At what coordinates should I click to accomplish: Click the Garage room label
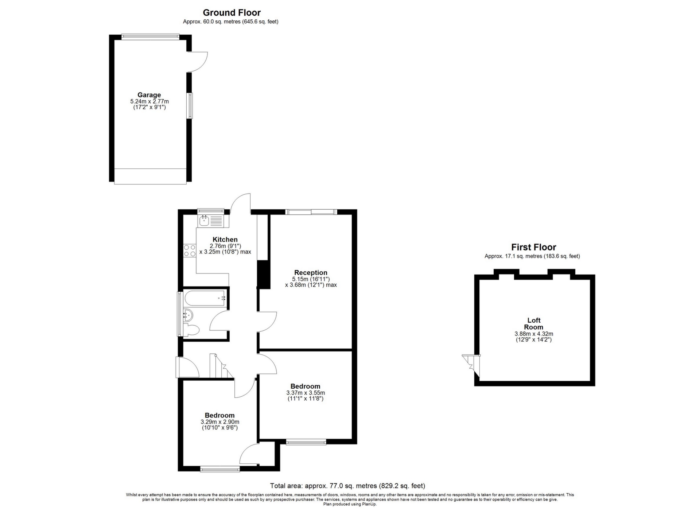tap(149, 95)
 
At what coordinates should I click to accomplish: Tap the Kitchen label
tap(225, 240)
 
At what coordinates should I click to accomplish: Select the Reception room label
tap(311, 272)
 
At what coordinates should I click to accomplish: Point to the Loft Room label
tap(534, 324)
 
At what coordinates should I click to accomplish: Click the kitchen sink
tap(204, 221)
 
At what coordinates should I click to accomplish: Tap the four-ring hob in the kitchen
tap(190, 250)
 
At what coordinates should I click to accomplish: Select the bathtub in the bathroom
tap(206, 298)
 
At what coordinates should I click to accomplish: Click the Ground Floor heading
tap(232, 13)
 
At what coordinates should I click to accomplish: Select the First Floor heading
tap(533, 247)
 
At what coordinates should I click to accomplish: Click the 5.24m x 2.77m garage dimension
tap(149, 101)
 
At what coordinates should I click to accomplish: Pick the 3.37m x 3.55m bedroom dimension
tap(306, 393)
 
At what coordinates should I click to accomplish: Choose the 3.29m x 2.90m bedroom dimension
tap(220, 422)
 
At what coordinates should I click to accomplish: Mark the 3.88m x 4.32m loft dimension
tap(534, 334)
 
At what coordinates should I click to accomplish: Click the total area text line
tap(347, 486)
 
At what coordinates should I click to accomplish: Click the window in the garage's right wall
tap(190, 106)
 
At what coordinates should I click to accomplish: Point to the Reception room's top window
tap(311, 211)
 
